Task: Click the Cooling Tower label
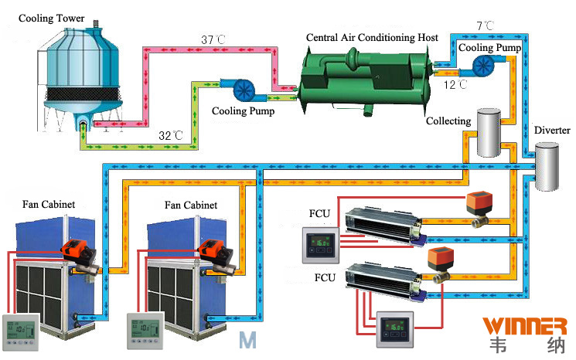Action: coord(51,18)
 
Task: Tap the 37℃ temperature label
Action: coord(214,39)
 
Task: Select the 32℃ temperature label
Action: coord(171,136)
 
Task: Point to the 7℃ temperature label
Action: coord(486,25)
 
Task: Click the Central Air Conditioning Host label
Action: coord(373,37)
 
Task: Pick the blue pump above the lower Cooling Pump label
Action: coord(233,89)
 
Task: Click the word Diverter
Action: coord(551,131)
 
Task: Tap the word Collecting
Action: coord(448,121)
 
